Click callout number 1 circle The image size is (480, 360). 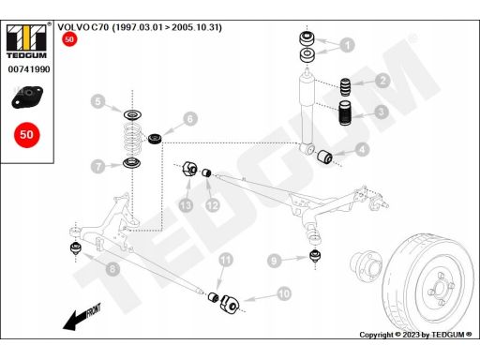[x=347, y=45]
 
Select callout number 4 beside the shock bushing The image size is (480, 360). [x=362, y=150]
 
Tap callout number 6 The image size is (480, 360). [x=190, y=119]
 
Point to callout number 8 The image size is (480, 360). [x=112, y=269]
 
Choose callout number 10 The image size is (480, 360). [x=284, y=293]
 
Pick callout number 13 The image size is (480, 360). [x=186, y=205]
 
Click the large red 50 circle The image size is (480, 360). [x=27, y=135]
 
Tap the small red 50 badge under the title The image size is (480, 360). [x=69, y=39]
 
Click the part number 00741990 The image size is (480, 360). [x=29, y=69]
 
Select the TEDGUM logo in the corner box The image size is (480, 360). [x=26, y=40]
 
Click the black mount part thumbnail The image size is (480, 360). [x=27, y=97]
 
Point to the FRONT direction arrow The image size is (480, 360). [x=82, y=317]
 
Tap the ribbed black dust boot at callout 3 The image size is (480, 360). [x=345, y=112]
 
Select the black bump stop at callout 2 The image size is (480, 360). [x=345, y=87]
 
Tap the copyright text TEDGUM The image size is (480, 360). [x=448, y=335]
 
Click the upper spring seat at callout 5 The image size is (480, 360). [x=132, y=115]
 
